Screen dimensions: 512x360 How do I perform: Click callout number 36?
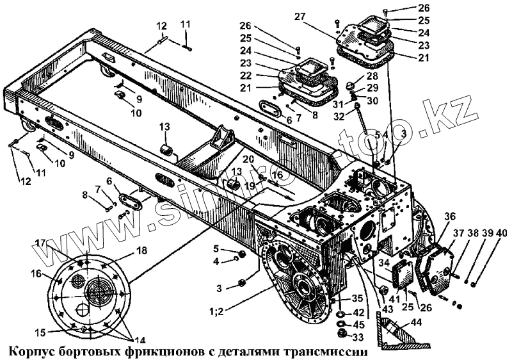[449, 216]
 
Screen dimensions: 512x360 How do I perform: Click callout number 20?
[248, 160]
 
